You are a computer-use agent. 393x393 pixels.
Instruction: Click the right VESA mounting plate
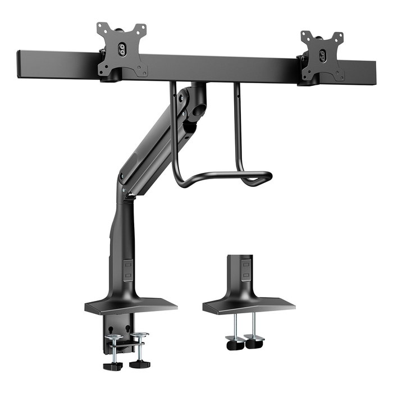322,56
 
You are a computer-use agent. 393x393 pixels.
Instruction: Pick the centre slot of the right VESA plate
322,56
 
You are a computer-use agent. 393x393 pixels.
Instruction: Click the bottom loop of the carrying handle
225,179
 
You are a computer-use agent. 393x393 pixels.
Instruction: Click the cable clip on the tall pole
129,269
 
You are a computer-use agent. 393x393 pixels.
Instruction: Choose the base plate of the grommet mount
248,305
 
